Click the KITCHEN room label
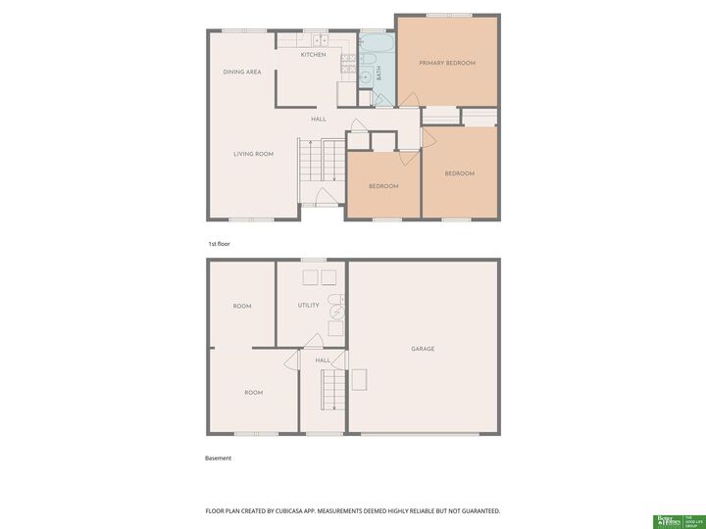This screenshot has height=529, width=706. click(x=313, y=55)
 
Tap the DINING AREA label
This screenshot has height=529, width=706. click(x=241, y=72)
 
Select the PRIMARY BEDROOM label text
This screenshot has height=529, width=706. click(x=447, y=63)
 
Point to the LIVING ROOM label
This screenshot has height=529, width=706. click(x=253, y=154)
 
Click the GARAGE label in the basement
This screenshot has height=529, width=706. click(x=423, y=349)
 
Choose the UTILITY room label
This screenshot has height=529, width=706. click(x=308, y=306)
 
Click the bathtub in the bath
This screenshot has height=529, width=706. click(x=375, y=45)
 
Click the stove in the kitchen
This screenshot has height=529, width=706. click(x=347, y=64)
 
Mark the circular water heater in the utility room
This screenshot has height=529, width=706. click(x=337, y=313)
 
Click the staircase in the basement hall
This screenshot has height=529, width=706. click(x=333, y=390)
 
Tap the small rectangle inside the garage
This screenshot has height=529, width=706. click(x=361, y=378)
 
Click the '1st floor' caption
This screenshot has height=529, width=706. click(x=218, y=243)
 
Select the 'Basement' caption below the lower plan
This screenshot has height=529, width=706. click(x=218, y=457)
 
